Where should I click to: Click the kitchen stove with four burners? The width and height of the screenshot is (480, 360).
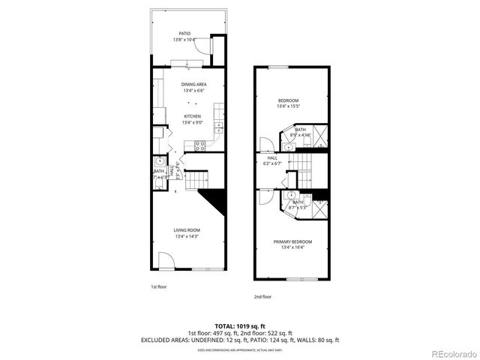tap(200, 145)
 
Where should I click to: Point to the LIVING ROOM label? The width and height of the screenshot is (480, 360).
tap(187, 230)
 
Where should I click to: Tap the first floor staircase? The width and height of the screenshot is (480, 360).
tap(197, 181)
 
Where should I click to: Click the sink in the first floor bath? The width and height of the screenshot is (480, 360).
tap(160, 161)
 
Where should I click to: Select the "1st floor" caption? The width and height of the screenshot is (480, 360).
tap(159, 286)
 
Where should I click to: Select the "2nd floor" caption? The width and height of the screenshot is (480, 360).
tap(262, 297)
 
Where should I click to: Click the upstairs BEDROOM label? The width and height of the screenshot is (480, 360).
tap(289, 100)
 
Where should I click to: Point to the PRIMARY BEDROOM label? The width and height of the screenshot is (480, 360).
tap(292, 241)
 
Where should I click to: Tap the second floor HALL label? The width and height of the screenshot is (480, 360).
tap(272, 158)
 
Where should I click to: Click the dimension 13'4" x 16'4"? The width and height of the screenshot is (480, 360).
tap(292, 247)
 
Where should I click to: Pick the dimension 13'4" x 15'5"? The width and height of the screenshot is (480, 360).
tap(289, 106)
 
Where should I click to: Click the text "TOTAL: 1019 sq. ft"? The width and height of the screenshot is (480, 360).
tap(240, 325)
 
